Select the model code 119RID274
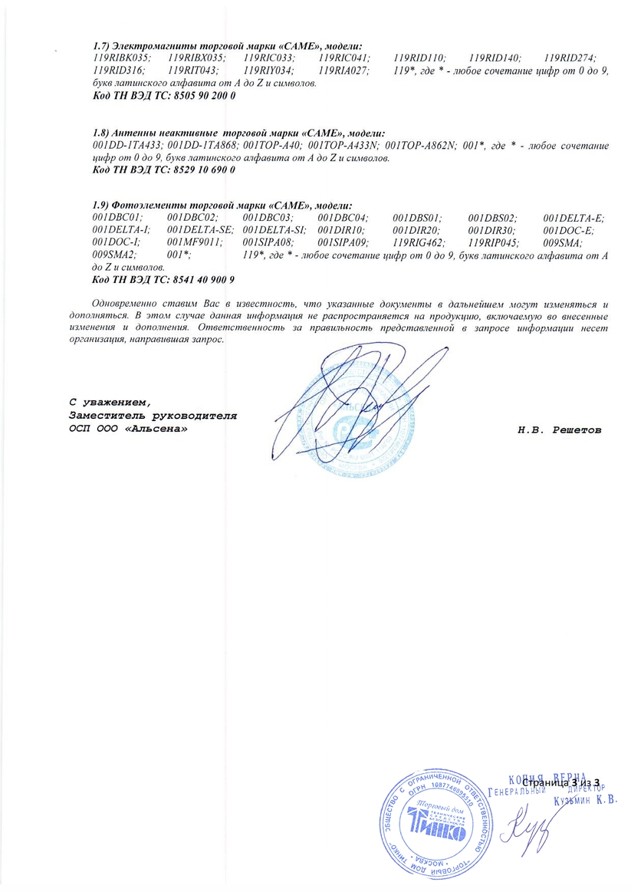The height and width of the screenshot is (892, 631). (x=570, y=58)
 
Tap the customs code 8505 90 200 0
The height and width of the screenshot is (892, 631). (x=196, y=97)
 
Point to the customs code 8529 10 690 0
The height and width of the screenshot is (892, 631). (x=196, y=170)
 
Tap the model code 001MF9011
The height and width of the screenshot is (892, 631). (x=193, y=242)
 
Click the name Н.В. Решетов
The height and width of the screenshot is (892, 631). (x=559, y=430)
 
